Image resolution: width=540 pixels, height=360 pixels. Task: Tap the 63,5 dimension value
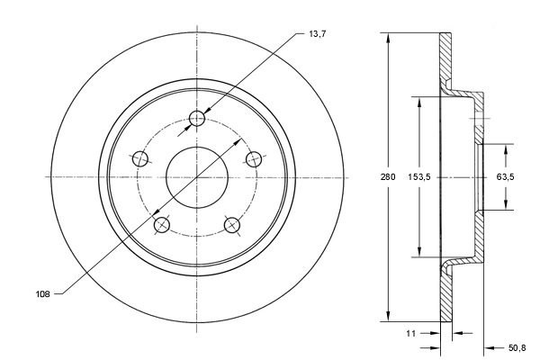pyautogui.click(x=505, y=177)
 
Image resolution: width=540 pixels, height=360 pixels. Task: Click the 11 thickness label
pyautogui.click(x=410, y=333)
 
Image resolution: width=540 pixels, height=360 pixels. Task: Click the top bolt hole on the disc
pyautogui.click(x=199, y=118)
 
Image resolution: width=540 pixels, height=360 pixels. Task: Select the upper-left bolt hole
pyautogui.click(x=140, y=159)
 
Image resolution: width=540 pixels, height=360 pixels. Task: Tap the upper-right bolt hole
pyautogui.click(x=255, y=158)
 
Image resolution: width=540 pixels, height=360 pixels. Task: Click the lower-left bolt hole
pyautogui.click(x=162, y=224)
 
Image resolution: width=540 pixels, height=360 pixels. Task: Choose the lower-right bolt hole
pyautogui.click(x=231, y=224)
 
